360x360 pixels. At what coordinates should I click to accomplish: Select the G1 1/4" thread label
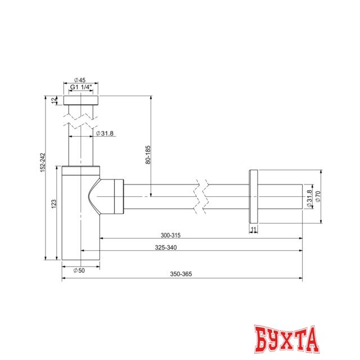(x=82, y=87)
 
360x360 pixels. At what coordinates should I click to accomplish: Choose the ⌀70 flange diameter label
(x=318, y=196)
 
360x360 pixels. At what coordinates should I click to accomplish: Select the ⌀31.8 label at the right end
(x=309, y=199)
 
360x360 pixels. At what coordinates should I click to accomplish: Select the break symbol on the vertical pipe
(x=82, y=120)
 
